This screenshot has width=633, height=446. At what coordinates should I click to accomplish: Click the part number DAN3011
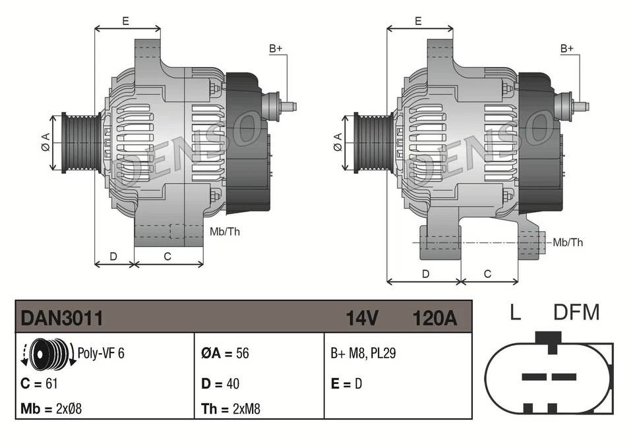(x=62, y=318)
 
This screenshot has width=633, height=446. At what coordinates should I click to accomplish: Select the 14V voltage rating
(x=362, y=318)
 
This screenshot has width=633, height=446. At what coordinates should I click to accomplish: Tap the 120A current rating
(x=434, y=318)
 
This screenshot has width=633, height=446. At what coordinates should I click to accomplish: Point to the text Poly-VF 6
(x=101, y=352)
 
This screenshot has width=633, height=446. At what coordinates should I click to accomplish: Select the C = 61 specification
(x=42, y=383)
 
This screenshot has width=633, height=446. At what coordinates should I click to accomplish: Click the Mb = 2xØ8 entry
(x=51, y=409)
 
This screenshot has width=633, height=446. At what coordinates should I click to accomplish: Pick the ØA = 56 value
(x=225, y=353)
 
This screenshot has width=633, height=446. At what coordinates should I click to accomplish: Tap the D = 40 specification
(x=220, y=383)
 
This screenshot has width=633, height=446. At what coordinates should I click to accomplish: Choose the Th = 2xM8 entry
(x=231, y=409)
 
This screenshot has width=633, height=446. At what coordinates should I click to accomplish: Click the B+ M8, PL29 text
(x=363, y=353)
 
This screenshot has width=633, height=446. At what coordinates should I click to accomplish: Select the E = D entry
(x=346, y=383)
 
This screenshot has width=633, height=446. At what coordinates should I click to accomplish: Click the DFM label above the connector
(x=576, y=312)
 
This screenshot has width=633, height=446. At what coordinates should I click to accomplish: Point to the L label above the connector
(x=515, y=312)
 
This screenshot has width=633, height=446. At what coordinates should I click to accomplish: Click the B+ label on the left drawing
(x=275, y=49)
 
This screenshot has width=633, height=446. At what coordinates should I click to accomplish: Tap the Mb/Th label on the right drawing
(x=568, y=242)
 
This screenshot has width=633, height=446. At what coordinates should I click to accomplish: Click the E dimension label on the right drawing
(x=418, y=21)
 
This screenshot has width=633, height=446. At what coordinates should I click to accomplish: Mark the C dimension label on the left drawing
(x=167, y=256)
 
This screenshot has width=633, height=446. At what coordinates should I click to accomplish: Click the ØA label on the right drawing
(x=337, y=142)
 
